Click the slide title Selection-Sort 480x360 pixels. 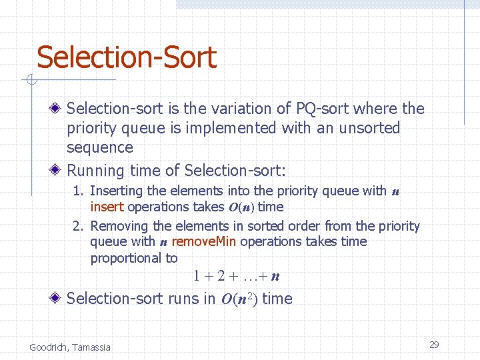[x=127, y=57]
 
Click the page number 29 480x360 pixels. [x=434, y=345]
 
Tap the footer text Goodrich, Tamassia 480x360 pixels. [x=70, y=347]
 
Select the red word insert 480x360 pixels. [x=107, y=207]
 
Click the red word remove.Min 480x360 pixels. [x=203, y=241]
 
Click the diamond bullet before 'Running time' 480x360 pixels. [x=58, y=170]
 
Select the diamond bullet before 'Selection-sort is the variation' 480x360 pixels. [x=58, y=108]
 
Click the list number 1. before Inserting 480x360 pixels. [x=79, y=191]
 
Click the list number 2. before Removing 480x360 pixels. [x=79, y=226]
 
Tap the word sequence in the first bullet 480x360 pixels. [x=100, y=147]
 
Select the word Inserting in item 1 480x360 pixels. [x=116, y=191]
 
